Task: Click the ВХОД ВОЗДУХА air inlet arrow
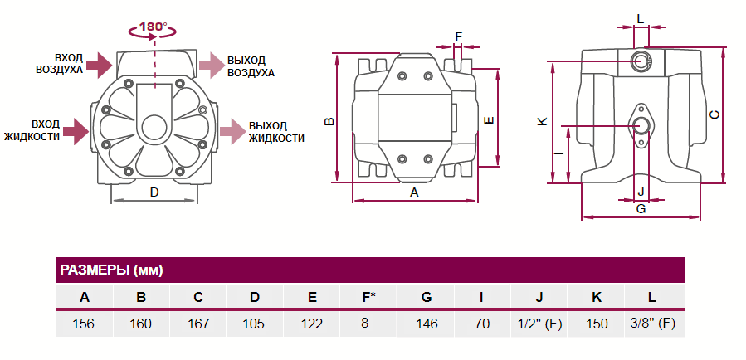(98, 63)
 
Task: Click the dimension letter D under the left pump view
(154, 192)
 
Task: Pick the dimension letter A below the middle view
(415, 192)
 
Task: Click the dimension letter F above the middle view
(459, 36)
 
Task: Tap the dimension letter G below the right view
(641, 209)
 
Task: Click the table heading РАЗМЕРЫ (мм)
(111, 270)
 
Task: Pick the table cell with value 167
(197, 324)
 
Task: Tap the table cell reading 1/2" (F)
(539, 324)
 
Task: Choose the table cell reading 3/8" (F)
(652, 324)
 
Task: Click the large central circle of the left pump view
(154, 128)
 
